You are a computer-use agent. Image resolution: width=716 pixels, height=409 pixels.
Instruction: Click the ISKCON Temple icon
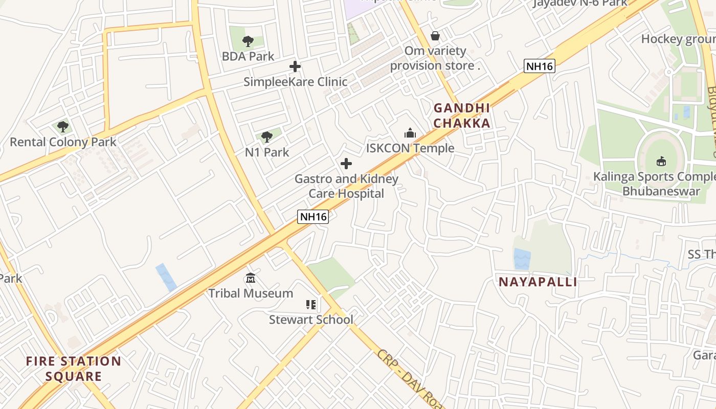(410, 133)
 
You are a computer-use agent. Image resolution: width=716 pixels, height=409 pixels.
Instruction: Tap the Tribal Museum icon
(251, 278)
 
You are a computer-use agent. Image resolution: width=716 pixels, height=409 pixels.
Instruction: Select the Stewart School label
(311, 320)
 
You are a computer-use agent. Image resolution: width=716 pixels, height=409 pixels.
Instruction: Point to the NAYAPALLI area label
(538, 282)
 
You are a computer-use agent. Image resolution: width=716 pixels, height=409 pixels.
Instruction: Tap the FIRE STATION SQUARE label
(74, 369)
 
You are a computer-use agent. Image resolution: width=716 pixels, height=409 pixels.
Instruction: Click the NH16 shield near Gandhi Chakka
(540, 66)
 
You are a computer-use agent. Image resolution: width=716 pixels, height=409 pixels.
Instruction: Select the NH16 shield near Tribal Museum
(313, 216)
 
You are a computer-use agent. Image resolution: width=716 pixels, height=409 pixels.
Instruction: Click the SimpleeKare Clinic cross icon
(295, 66)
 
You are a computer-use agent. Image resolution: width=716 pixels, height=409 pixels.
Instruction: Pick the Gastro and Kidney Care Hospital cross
(346, 164)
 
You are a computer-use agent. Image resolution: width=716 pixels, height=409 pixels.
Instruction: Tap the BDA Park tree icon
(248, 41)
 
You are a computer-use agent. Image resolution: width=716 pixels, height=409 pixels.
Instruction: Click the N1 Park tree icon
(266, 137)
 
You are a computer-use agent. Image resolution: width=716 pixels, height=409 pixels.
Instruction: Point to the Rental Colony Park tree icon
(63, 126)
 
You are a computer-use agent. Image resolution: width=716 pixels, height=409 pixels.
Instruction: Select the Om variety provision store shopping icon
(435, 36)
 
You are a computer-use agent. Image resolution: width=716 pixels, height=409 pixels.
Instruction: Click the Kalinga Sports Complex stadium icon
(661, 162)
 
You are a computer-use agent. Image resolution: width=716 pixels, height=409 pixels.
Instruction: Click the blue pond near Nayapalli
(522, 259)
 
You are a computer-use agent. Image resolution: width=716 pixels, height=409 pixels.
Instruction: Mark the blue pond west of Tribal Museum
(166, 277)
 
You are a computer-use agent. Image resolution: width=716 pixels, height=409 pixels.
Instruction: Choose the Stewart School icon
(311, 305)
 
